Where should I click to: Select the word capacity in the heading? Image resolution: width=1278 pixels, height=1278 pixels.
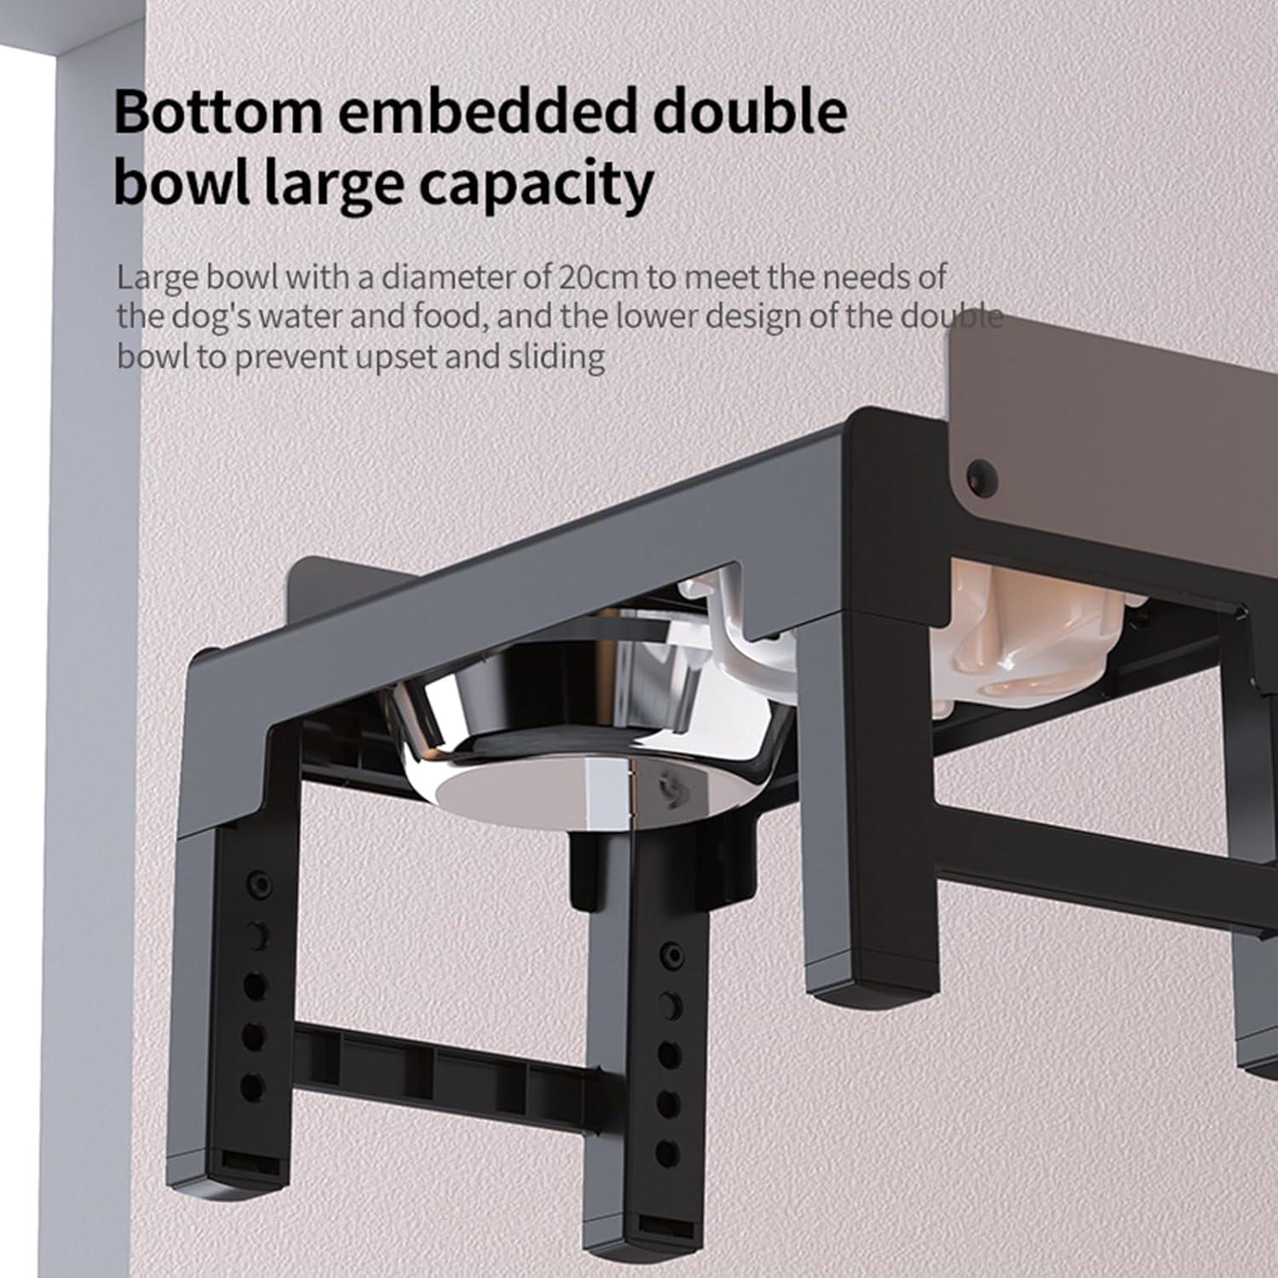(537, 184)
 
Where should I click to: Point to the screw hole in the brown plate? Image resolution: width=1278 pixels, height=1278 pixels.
(982, 471)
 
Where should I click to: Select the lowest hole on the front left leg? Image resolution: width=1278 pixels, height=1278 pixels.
(253, 1087)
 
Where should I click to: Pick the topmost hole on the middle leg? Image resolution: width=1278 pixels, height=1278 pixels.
(671, 953)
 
